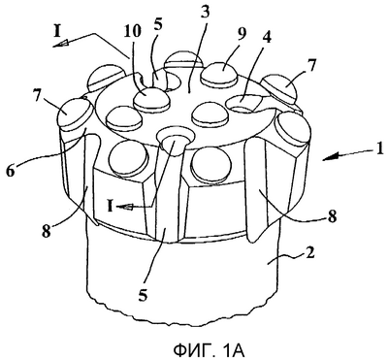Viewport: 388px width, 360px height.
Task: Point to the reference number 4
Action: click(x=267, y=38)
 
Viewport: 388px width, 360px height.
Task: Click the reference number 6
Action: click(x=11, y=171)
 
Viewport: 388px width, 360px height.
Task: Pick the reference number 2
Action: click(x=309, y=254)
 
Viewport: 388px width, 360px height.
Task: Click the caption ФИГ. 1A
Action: click(x=208, y=350)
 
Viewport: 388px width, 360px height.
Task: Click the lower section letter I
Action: click(x=111, y=206)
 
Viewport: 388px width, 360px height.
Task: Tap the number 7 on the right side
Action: click(x=311, y=67)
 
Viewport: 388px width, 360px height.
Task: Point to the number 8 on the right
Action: click(x=332, y=216)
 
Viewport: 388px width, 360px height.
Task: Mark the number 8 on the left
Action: click(x=47, y=231)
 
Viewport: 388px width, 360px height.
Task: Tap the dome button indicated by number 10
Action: click(x=150, y=100)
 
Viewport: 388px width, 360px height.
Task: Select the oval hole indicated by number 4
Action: click(x=244, y=103)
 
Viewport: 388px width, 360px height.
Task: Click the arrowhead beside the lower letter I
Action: click(x=124, y=207)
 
